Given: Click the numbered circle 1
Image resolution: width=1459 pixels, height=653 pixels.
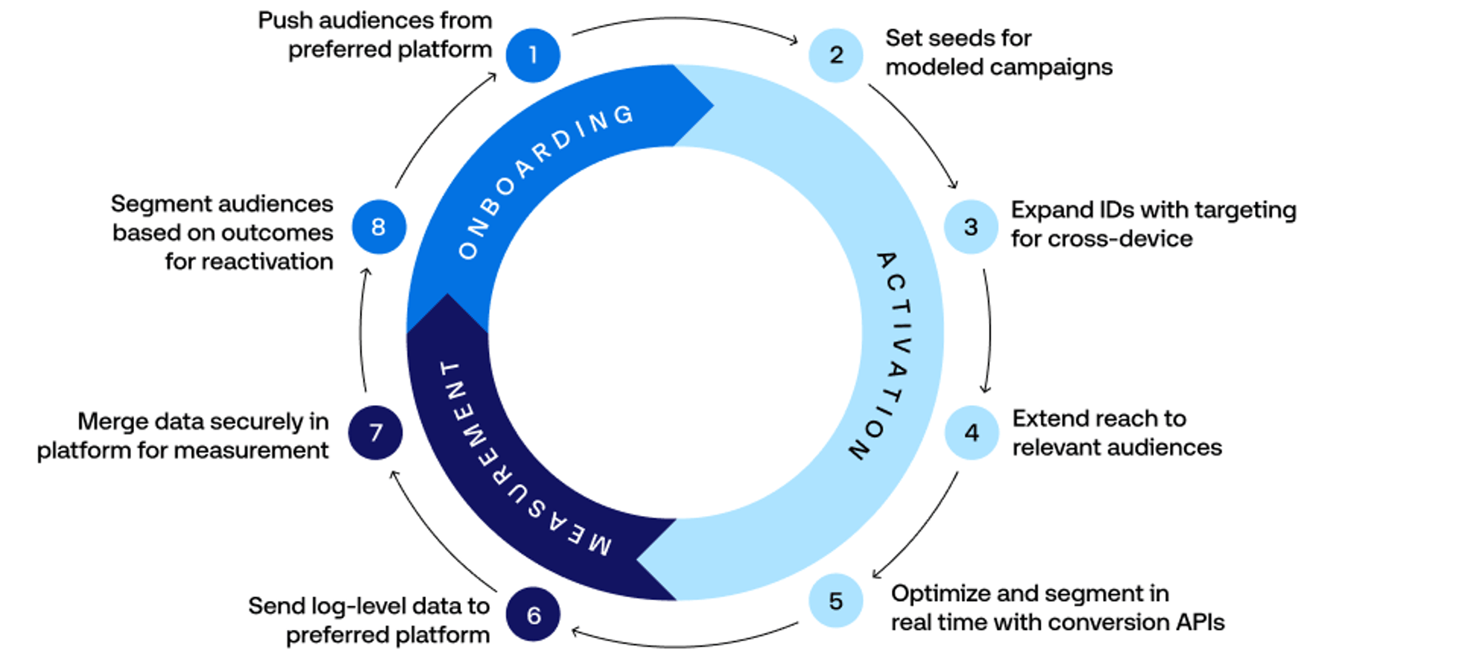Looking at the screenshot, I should click(x=533, y=55).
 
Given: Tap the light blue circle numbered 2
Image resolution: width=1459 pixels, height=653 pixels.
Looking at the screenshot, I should click(x=836, y=55).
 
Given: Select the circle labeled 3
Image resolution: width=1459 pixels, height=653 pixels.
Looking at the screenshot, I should click(x=971, y=226).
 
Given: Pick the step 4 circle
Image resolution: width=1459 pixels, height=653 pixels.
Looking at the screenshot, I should click(x=971, y=433).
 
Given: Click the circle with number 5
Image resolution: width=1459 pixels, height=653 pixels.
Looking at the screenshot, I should click(x=836, y=601).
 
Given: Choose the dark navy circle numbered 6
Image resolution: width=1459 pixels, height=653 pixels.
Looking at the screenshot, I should click(x=533, y=615).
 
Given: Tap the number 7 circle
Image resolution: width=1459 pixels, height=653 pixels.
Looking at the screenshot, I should click(x=376, y=433).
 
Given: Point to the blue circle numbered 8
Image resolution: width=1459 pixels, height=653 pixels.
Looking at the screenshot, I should click(x=379, y=226).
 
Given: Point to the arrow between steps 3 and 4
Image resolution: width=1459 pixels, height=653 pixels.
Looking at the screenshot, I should click(x=989, y=331).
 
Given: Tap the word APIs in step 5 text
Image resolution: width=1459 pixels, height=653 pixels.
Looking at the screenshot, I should click(x=1201, y=622).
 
